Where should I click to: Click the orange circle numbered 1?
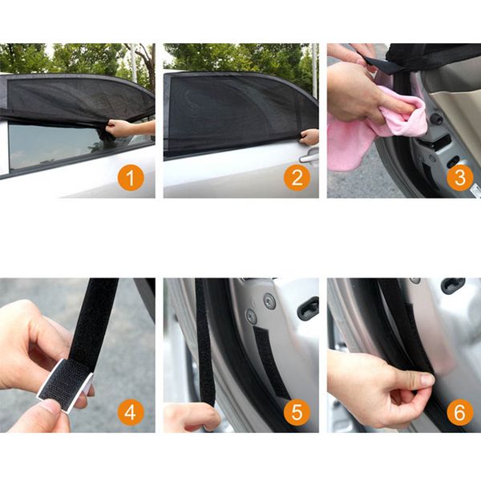pyautogui.click(x=131, y=177)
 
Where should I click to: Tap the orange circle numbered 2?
pyautogui.click(x=297, y=177)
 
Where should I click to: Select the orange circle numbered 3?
pyautogui.click(x=460, y=177)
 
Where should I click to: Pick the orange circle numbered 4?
pyautogui.click(x=131, y=412)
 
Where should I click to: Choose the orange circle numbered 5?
pyautogui.click(x=297, y=412)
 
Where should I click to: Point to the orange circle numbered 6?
pyautogui.click(x=460, y=412)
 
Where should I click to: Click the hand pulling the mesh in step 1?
pyautogui.click(x=119, y=128)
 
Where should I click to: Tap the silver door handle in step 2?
pyautogui.click(x=309, y=157)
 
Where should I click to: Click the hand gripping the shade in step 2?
pyautogui.click(x=309, y=137)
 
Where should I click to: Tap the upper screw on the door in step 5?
pyautogui.click(x=269, y=301)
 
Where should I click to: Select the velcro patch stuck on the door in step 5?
pyautogui.click(x=270, y=362)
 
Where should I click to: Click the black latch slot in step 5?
pyautogui.click(x=309, y=308)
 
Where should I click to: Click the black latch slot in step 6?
pyautogui.click(x=453, y=285)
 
